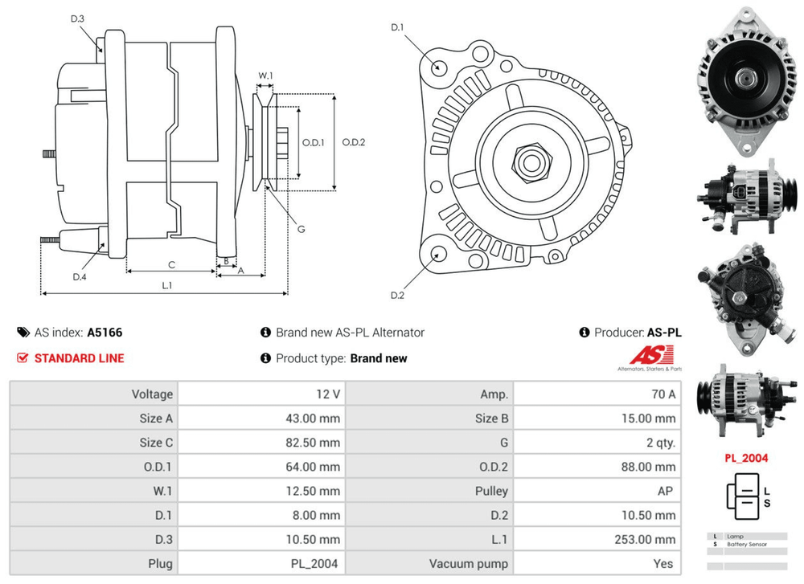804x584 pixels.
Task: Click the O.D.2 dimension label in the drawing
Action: tap(354, 143)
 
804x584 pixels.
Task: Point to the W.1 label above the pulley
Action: tap(265, 76)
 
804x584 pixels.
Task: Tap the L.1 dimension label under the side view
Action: tap(166, 285)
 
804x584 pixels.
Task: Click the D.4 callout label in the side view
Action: tap(79, 277)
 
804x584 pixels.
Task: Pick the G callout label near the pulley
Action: tap(301, 229)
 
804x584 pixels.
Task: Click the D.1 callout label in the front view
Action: tap(397, 28)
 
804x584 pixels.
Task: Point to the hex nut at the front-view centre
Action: tap(531, 162)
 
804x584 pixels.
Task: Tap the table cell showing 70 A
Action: tap(662, 394)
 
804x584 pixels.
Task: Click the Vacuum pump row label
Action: tap(468, 564)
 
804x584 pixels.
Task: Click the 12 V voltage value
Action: tap(330, 394)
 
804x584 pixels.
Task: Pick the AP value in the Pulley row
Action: tap(664, 491)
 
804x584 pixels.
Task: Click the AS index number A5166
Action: tap(105, 332)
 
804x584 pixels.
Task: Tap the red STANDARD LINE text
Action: tap(79, 358)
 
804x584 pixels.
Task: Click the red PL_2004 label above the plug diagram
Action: tap(745, 459)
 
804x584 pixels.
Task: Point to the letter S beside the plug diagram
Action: tap(767, 504)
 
